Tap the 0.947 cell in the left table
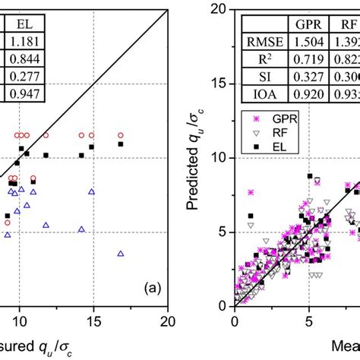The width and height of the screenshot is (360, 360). [24, 95]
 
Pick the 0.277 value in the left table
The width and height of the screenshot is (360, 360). [24, 77]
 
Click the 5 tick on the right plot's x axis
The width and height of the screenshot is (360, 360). [309, 319]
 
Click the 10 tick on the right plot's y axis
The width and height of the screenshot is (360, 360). [222, 158]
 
